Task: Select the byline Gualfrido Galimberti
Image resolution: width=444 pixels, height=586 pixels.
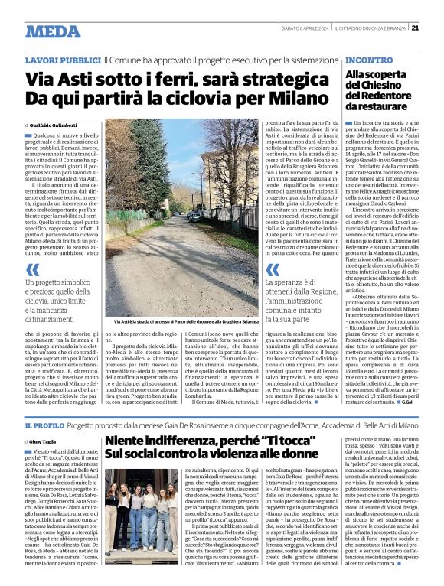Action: coord(57,124)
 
